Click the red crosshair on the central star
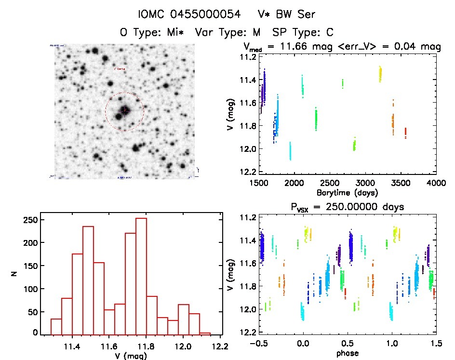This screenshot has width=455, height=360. (124, 111)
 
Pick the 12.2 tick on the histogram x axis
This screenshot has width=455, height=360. (221, 346)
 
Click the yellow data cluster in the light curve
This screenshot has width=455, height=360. (380, 74)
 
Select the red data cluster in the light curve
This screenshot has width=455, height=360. (406, 133)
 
